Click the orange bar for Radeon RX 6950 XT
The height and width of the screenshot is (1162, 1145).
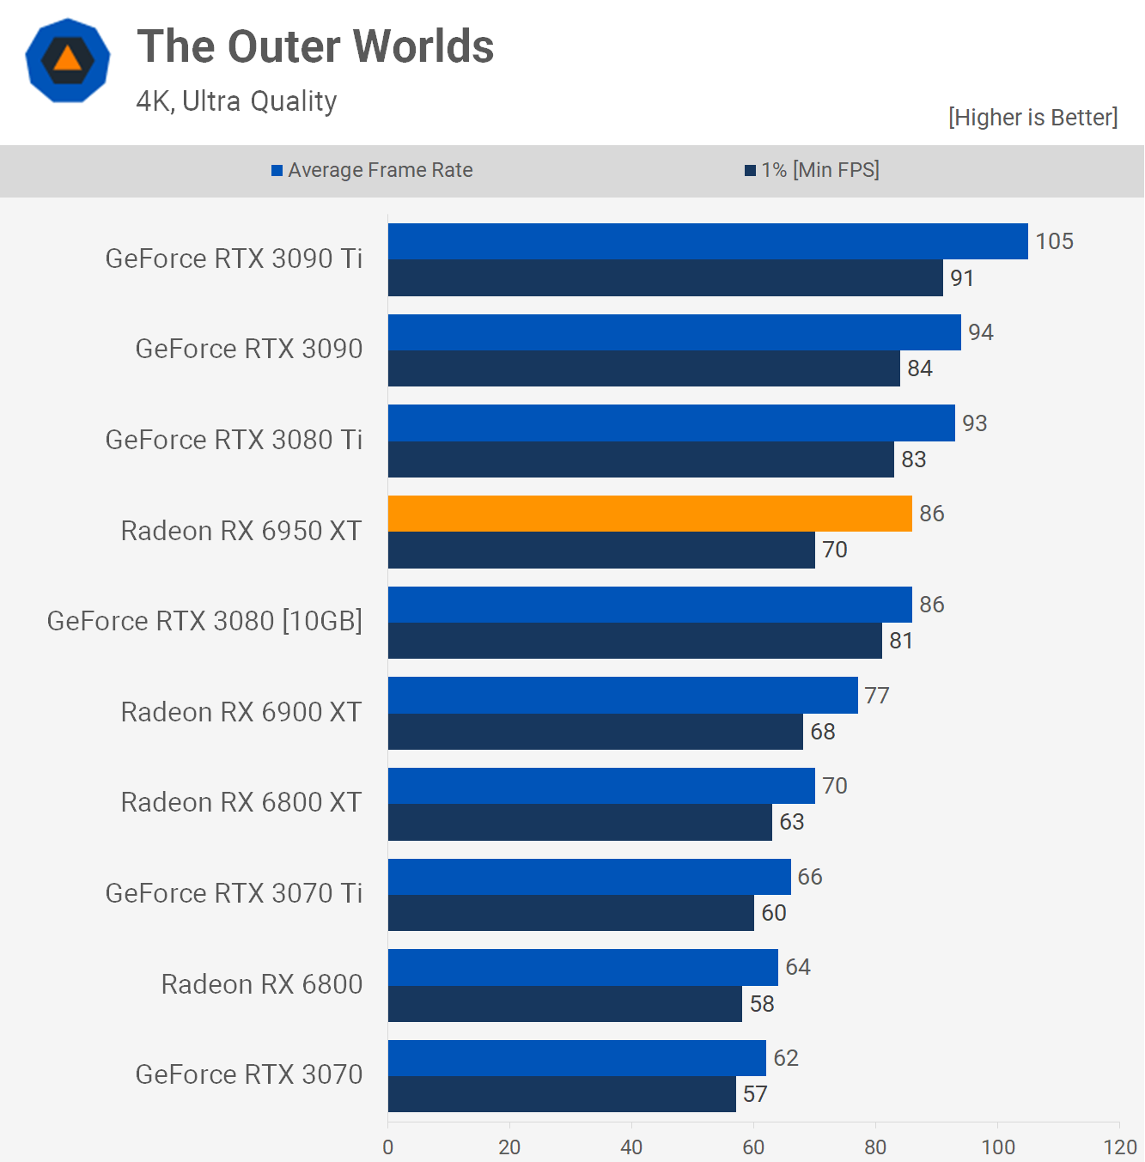[x=649, y=514]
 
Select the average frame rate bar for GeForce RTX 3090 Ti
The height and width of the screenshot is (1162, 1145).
[x=708, y=241]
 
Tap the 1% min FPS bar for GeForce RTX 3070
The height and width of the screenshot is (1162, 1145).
[x=562, y=1094]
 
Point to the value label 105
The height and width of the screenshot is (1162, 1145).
[x=1054, y=241]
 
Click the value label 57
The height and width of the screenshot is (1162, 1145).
[x=755, y=1094]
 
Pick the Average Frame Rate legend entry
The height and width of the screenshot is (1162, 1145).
[x=372, y=170]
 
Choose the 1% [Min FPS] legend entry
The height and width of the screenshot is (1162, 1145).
[x=812, y=170]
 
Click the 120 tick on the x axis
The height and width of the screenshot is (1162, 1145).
[x=1119, y=1147]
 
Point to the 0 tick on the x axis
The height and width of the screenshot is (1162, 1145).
[x=388, y=1147]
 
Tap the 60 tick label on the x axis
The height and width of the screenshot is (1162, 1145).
[x=753, y=1147]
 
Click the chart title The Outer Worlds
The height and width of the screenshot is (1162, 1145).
[x=315, y=46]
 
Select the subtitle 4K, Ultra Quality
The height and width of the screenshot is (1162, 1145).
[x=236, y=101]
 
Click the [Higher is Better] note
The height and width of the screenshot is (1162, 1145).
[x=1032, y=118]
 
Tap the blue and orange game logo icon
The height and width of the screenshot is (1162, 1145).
[x=68, y=60]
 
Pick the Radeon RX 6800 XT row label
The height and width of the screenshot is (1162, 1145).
[x=241, y=802]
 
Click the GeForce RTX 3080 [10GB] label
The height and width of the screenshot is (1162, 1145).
[x=204, y=621]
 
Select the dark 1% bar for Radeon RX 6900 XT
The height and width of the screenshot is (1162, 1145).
[x=595, y=732]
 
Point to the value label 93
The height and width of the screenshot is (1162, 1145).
[x=974, y=423]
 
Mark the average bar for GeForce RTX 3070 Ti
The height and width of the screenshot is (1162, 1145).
[x=589, y=877]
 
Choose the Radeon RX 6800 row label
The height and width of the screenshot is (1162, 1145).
[x=261, y=984]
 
